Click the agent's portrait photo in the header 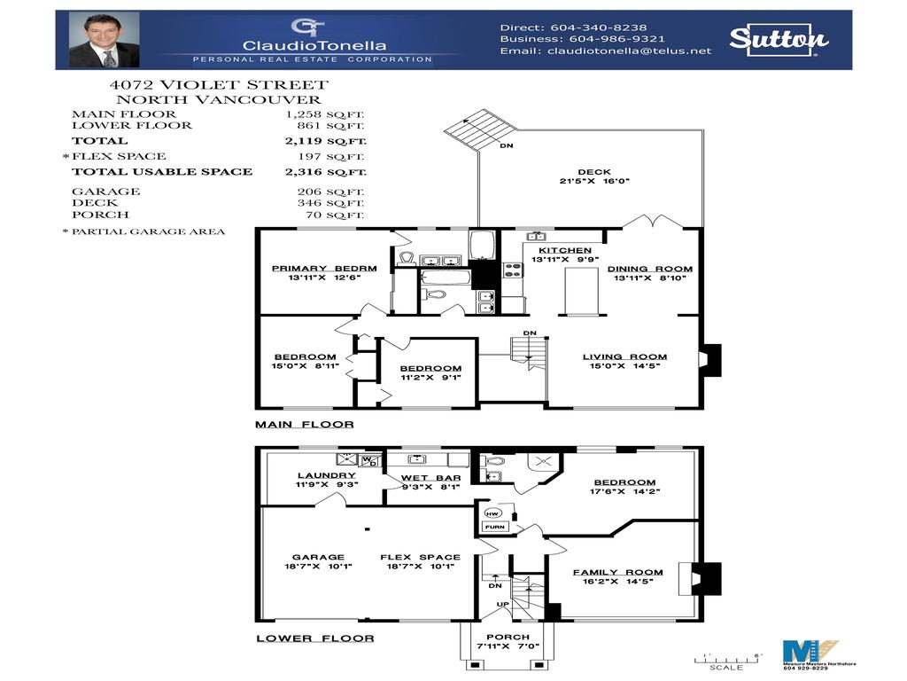point(105,41)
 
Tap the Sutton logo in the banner point(779,38)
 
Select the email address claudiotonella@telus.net point(630,51)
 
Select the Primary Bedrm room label point(323,269)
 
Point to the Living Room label point(624,357)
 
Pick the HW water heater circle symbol point(493,513)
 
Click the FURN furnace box point(494,528)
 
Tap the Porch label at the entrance point(508,637)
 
